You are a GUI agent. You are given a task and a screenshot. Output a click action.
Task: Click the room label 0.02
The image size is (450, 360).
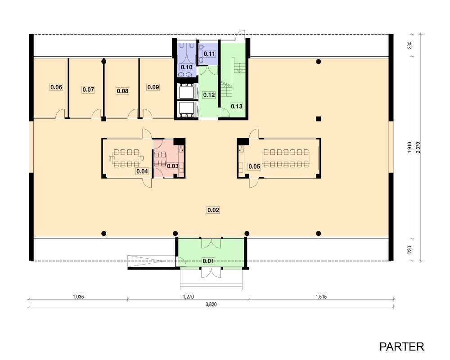(x=213, y=210)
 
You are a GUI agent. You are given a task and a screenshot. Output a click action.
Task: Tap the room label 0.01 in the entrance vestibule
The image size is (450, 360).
(x=208, y=261)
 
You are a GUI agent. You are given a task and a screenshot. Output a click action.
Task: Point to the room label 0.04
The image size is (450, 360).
(x=142, y=171)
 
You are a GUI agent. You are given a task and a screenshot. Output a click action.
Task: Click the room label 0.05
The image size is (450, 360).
(x=254, y=166)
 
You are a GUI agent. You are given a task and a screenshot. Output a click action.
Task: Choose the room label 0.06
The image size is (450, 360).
(x=56, y=87)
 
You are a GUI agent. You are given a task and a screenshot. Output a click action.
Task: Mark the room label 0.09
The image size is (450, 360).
(x=153, y=87)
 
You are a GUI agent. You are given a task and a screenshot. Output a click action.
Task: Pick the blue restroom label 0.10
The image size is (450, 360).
(x=187, y=67)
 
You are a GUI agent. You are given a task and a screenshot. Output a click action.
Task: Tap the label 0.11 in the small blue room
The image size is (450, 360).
(x=209, y=54)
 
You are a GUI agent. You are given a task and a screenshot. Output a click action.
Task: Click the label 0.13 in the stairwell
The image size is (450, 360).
(x=237, y=106)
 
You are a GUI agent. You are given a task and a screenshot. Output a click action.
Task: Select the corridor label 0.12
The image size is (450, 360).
(x=209, y=95)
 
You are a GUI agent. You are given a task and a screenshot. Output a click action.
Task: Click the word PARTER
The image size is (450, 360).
(x=401, y=346)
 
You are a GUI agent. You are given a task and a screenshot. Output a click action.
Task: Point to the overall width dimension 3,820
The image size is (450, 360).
(x=211, y=304)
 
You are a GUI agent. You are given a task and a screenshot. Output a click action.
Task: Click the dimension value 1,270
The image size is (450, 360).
(x=188, y=297)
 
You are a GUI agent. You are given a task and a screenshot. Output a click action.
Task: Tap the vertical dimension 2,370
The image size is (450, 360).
(x=418, y=147)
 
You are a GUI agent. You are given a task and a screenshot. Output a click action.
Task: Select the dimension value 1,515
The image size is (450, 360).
(x=321, y=297)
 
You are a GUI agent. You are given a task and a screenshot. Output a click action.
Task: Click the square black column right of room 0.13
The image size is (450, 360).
(x=318, y=118)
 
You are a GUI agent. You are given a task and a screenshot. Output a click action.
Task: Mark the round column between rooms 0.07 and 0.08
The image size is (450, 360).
(x=104, y=62)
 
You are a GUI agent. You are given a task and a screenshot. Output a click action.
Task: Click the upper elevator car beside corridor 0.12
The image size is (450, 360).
(x=187, y=91)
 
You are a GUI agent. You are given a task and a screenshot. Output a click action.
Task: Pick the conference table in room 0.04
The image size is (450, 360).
(x=126, y=158)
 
